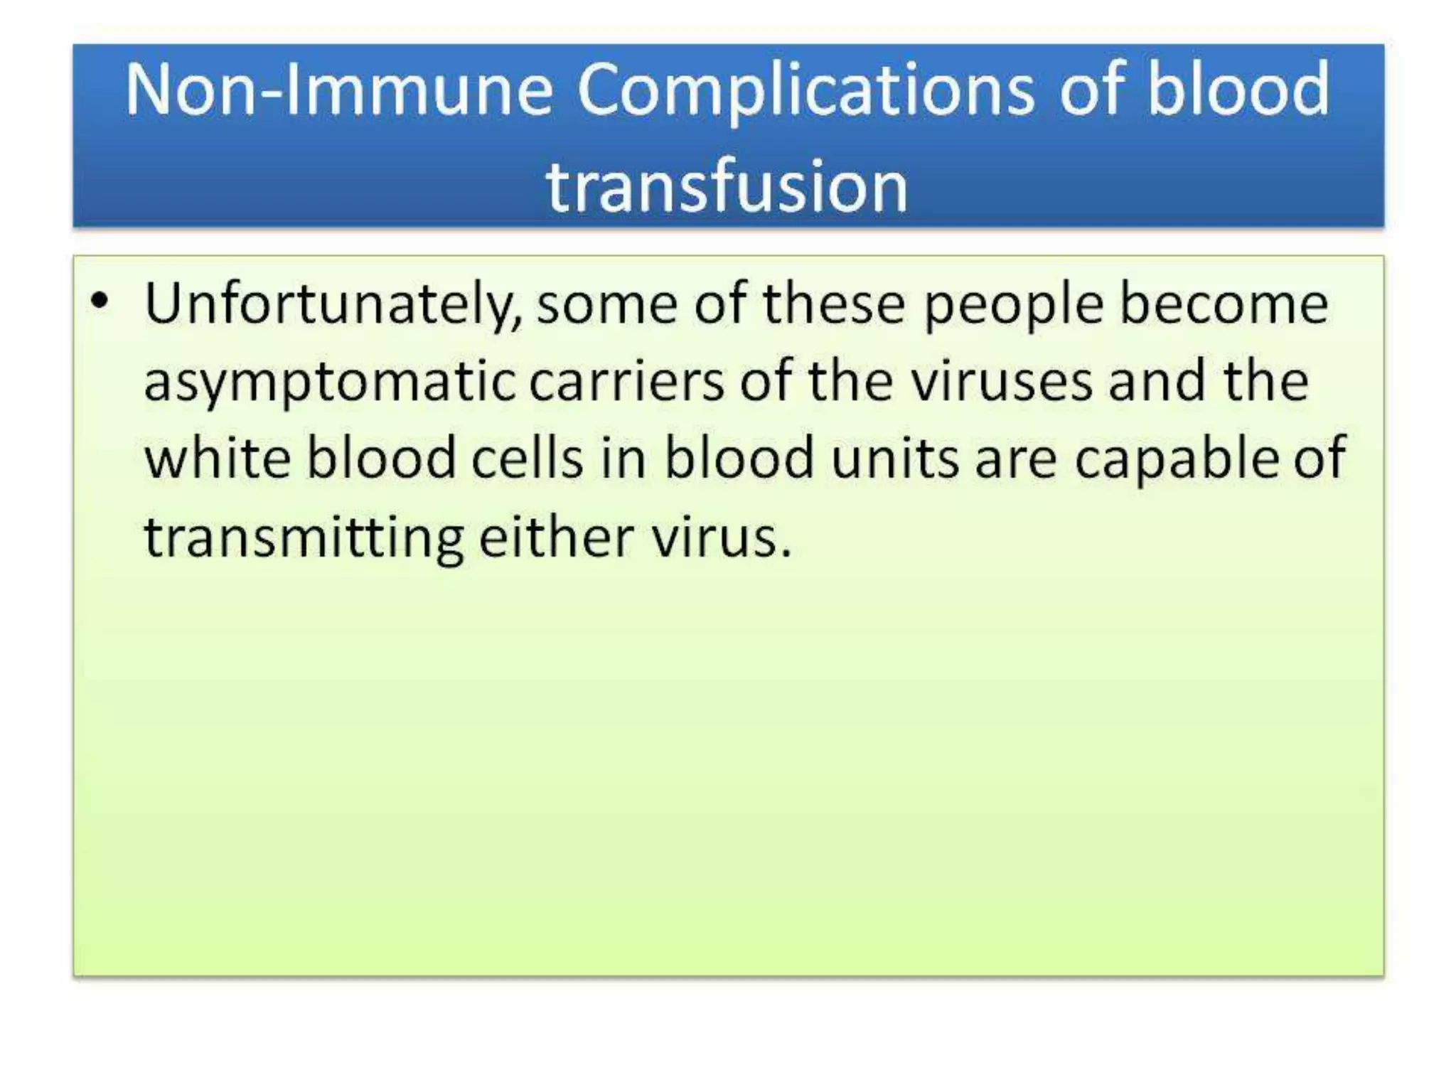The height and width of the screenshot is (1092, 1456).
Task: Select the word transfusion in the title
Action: click(727, 187)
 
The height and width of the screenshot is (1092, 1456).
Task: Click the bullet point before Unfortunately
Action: click(100, 301)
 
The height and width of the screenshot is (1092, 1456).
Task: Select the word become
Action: click(1224, 304)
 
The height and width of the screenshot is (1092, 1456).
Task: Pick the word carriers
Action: click(626, 382)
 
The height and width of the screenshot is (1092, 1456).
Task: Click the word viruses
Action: click(1002, 382)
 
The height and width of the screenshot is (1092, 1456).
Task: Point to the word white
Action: click(218, 459)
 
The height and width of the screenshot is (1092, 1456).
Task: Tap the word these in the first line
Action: click(834, 304)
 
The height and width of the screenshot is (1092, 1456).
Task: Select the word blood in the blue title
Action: click(1238, 90)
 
